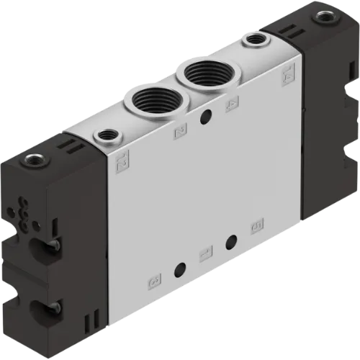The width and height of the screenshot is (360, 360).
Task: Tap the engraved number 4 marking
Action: (232, 106)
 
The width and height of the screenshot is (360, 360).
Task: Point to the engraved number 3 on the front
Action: (153, 279)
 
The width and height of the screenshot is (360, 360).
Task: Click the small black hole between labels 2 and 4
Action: (207, 116)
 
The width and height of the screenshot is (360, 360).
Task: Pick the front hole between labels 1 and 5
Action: (231, 242)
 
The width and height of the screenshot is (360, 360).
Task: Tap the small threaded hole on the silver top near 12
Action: (107, 134)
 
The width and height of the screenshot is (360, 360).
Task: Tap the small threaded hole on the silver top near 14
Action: (253, 41)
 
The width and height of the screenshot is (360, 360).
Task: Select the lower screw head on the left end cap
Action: (53, 306)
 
